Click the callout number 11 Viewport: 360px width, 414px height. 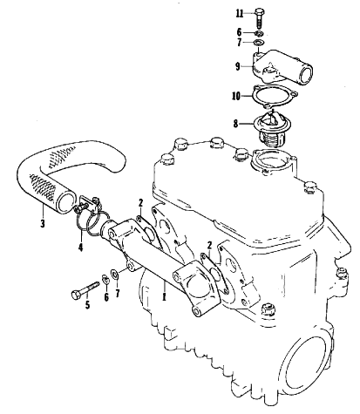click(x=240, y=14)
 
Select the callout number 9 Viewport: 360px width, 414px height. click(x=238, y=66)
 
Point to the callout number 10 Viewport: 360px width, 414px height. click(x=236, y=96)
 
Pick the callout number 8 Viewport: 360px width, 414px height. click(x=235, y=124)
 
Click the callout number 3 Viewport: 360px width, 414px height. click(x=43, y=224)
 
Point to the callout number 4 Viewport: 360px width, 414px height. click(x=80, y=248)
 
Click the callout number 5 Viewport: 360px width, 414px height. click(x=87, y=305)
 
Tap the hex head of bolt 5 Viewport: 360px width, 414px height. click(x=76, y=295)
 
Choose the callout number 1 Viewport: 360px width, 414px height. click(x=164, y=297)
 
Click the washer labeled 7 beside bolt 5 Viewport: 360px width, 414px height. click(x=114, y=274)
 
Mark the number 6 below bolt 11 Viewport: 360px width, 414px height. click(x=239, y=32)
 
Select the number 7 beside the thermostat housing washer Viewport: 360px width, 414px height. click(x=239, y=43)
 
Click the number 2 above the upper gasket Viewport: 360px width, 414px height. click(x=141, y=203)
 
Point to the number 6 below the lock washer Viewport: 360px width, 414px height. click(x=106, y=297)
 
